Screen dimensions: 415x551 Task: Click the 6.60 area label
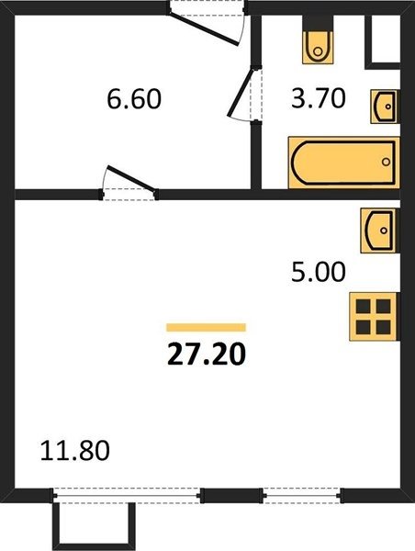134,99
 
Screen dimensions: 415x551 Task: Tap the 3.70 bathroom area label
319,98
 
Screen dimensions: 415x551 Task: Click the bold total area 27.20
207,354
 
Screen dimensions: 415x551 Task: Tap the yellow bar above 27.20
207,328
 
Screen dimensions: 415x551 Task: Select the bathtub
344,163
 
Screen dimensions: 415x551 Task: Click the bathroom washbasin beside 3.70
385,107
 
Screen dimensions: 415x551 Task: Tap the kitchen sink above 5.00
378,231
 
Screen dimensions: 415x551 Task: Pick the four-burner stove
373,317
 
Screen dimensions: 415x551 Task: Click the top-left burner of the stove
363,307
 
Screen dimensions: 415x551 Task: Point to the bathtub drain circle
387,162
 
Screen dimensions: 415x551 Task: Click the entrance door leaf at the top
204,29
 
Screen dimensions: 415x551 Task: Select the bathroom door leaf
241,92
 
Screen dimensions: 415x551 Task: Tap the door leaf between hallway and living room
131,178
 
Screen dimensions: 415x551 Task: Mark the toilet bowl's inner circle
318,51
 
